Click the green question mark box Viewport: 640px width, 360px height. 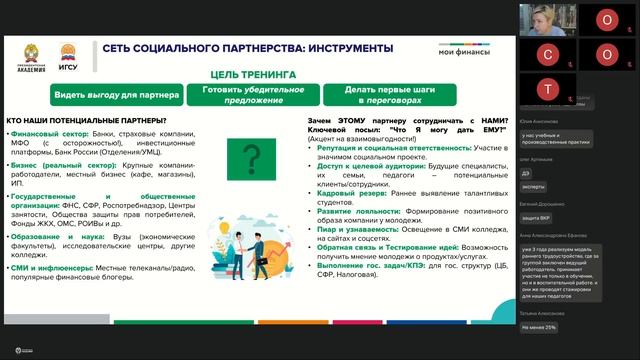click(253, 157)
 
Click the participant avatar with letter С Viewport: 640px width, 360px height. click(548, 53)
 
